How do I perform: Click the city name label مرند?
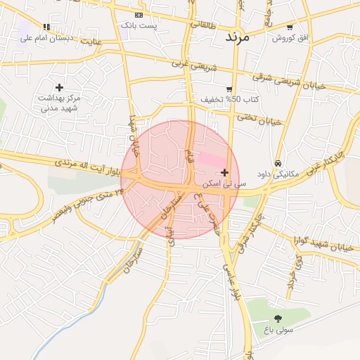(236, 37)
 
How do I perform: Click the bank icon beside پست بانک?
(139, 15)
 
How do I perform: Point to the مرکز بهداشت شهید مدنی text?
(60, 103)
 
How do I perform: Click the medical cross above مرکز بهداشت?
(59, 87)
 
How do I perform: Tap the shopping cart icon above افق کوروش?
(289, 27)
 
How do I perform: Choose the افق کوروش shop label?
(288, 37)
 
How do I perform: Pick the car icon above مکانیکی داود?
(278, 162)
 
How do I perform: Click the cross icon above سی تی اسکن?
(224, 172)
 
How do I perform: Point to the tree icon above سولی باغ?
(278, 318)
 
